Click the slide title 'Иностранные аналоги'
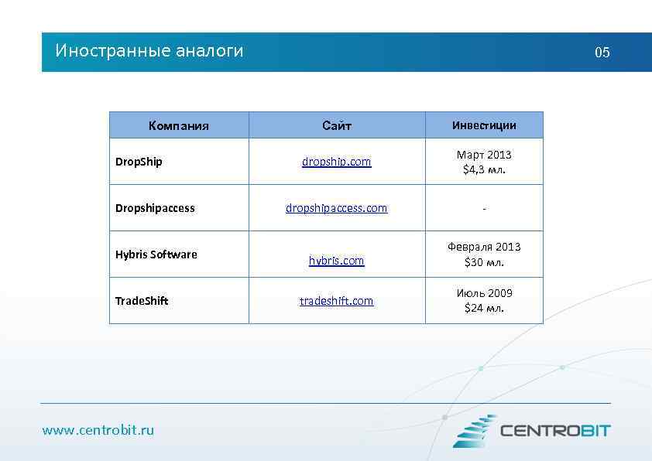(149, 51)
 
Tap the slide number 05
(602, 53)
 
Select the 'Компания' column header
(179, 125)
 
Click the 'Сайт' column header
(337, 125)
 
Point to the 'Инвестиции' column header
(484, 125)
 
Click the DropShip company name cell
(139, 162)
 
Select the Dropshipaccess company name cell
(155, 208)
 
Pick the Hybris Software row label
(156, 254)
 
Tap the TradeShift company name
(142, 301)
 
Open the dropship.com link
(337, 162)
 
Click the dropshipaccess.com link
(337, 208)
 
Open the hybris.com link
(337, 261)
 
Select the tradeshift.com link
(337, 301)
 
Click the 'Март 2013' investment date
(484, 155)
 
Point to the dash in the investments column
(484, 208)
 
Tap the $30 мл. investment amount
(484, 262)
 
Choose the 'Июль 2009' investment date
(484, 293)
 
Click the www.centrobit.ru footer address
(98, 430)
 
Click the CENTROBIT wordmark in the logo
(555, 431)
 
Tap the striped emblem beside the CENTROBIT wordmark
(474, 431)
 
